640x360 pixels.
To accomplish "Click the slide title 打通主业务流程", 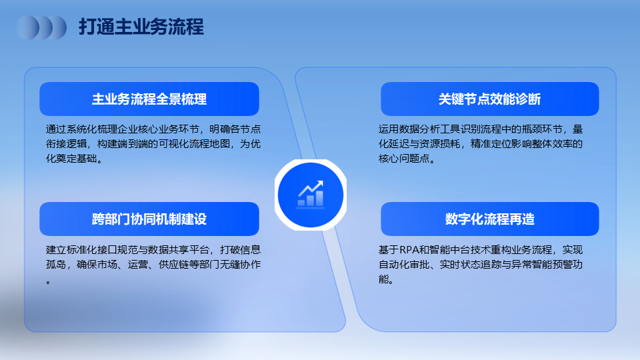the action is tap(141, 27).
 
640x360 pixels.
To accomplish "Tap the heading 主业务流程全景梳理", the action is tap(149, 99).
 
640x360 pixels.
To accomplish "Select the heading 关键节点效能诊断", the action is tap(490, 99).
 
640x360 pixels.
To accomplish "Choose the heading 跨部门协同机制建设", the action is tap(149, 219).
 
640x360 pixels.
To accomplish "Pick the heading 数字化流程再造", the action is tap(490, 219).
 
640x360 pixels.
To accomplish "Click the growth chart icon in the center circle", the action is tap(311, 194).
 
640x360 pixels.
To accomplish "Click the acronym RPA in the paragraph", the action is tap(409, 249).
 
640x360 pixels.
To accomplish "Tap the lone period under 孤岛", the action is tap(48, 282).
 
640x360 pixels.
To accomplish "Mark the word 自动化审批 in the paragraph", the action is tap(404, 265).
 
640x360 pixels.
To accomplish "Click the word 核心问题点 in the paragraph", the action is tap(404, 159).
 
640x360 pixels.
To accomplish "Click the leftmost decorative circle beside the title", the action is tap(27, 27).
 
